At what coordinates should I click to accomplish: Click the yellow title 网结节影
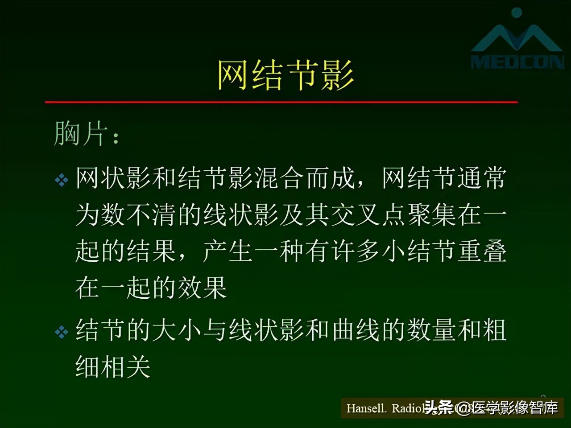(285, 74)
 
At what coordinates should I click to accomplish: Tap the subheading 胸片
(81, 133)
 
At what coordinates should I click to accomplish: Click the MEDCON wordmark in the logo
(517, 62)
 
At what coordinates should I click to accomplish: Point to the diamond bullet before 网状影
(62, 180)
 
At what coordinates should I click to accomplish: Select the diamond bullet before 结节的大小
(62, 332)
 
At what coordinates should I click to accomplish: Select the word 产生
(228, 251)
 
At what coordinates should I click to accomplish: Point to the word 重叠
(482, 251)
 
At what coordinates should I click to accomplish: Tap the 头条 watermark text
(439, 407)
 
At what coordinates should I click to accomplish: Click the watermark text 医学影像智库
(515, 407)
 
